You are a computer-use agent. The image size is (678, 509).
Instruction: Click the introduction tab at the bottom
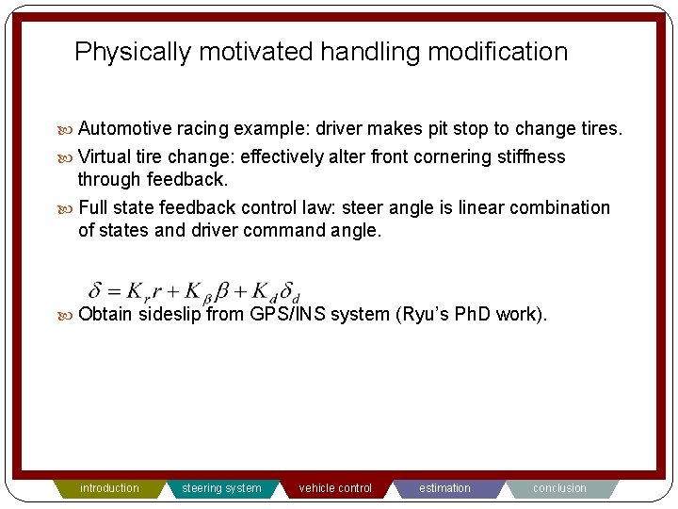(109, 488)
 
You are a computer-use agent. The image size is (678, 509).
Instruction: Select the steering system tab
(221, 488)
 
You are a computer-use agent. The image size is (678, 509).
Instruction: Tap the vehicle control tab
(335, 488)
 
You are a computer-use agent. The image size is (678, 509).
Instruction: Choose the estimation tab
(444, 488)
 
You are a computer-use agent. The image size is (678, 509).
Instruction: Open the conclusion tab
(559, 488)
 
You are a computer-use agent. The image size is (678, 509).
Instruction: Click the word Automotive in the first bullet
(125, 128)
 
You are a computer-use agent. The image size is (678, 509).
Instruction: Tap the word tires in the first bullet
(601, 128)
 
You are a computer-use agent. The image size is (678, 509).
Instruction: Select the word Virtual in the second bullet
(105, 156)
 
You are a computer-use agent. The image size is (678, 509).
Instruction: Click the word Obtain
(106, 315)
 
